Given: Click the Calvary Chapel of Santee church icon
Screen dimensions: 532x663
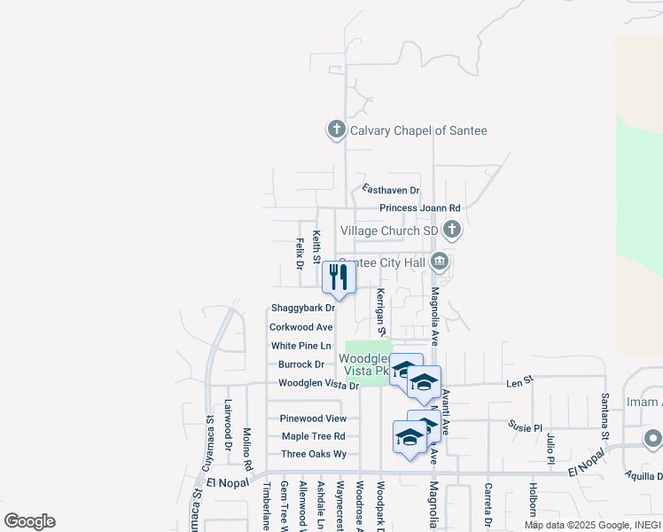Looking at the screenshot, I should (336, 130).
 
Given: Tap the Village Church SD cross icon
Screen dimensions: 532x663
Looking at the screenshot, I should (452, 231).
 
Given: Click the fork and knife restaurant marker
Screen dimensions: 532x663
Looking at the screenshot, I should (339, 277).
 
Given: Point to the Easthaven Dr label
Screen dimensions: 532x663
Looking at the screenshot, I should (390, 190).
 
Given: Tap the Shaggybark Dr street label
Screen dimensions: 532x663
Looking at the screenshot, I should (302, 309).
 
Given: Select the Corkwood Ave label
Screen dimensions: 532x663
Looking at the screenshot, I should (301, 327).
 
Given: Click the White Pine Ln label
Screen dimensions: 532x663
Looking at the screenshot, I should (300, 346).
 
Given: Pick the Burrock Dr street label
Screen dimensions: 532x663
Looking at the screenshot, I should (301, 364).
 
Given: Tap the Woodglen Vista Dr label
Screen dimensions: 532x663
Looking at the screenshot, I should (318, 384).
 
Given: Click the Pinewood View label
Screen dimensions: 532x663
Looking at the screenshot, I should (313, 419).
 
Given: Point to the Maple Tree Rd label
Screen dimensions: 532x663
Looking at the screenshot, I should (313, 436).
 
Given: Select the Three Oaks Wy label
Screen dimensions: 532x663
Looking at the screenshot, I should (313, 454).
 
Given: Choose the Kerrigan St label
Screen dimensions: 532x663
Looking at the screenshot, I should (380, 311).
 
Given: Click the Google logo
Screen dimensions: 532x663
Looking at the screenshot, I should (29, 521).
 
